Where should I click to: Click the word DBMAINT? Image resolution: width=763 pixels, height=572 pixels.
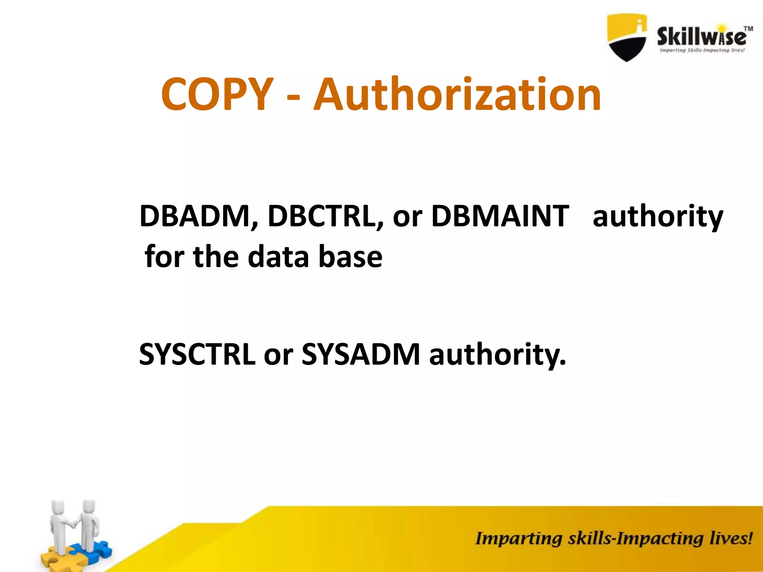pos(500,216)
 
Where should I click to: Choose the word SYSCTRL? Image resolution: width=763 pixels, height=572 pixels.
pos(197,354)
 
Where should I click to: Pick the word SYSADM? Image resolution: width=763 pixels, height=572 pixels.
pos(361,354)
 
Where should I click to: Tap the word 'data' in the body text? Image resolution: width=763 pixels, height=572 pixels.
pos(278,257)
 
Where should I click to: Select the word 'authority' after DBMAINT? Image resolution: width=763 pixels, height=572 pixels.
pos(658,217)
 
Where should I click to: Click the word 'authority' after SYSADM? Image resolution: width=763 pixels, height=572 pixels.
pos(497,355)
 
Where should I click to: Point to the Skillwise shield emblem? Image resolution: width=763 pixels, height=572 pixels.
pos(627,37)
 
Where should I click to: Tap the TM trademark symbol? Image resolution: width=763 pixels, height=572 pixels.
pos(748,29)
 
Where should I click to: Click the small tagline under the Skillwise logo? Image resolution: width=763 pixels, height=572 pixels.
pos(702,50)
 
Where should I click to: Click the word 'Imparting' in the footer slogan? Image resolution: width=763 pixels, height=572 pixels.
pos(518,539)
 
